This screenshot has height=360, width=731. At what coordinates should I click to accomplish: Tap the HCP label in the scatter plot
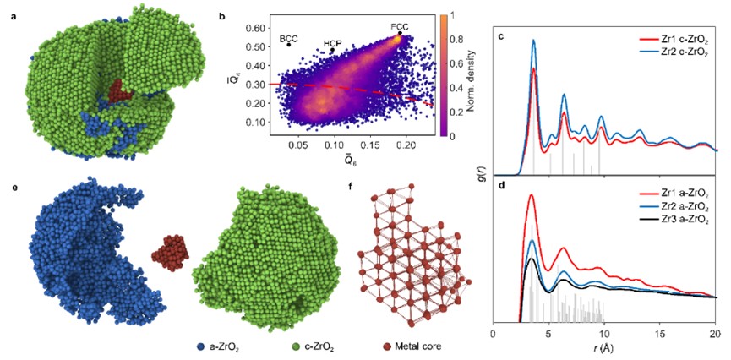pyautogui.click(x=335, y=43)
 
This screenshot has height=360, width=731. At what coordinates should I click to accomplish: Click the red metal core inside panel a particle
pyautogui.click(x=116, y=90)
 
